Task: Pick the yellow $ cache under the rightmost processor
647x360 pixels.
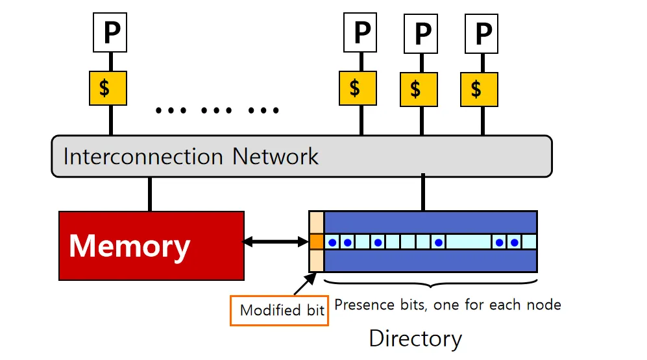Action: pyautogui.click(x=479, y=89)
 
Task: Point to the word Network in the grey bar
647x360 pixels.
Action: pyautogui.click(x=276, y=156)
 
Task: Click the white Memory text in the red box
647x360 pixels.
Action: pyautogui.click(x=129, y=246)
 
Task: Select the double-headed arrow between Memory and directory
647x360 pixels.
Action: pyautogui.click(x=276, y=242)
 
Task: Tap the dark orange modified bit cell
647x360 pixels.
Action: pyautogui.click(x=316, y=242)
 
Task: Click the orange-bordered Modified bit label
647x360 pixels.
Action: pyautogui.click(x=280, y=310)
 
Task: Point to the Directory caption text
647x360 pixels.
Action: pyautogui.click(x=415, y=338)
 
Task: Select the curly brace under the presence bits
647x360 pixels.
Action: pyautogui.click(x=430, y=284)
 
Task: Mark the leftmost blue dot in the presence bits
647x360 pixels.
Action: pyautogui.click(x=332, y=243)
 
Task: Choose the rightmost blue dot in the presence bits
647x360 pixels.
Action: pyautogui.click(x=515, y=243)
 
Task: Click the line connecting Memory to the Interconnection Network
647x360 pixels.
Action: pyautogui.click(x=150, y=193)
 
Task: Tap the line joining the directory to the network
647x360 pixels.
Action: pyautogui.click(x=423, y=193)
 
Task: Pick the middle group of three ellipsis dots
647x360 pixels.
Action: pyautogui.click(x=217, y=110)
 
